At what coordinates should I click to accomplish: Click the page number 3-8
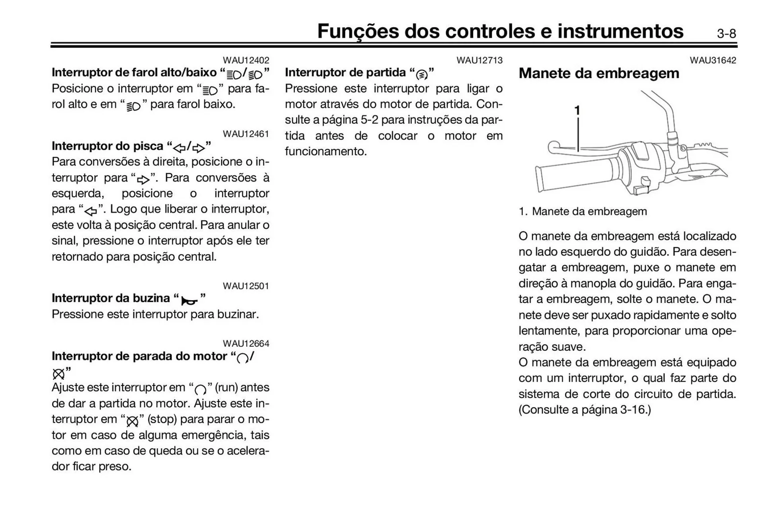click(726, 33)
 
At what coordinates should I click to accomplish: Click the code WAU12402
click(246, 60)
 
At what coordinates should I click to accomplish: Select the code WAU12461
click(246, 134)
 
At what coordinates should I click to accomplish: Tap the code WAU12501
click(246, 286)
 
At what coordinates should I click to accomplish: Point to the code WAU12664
click(246, 343)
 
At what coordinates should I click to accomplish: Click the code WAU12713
click(479, 60)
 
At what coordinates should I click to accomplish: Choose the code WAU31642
click(713, 60)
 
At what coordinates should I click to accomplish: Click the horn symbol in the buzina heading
click(189, 300)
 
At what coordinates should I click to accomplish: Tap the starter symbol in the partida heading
click(421, 74)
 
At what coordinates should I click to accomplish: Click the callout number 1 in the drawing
click(577, 110)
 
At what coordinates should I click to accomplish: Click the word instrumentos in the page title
click(620, 31)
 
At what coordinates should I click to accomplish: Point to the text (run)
click(226, 387)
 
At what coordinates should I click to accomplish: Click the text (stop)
click(162, 419)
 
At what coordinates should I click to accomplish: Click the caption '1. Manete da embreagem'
click(583, 211)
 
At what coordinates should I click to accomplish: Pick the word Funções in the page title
click(358, 31)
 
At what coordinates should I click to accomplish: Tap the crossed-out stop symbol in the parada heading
click(58, 374)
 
